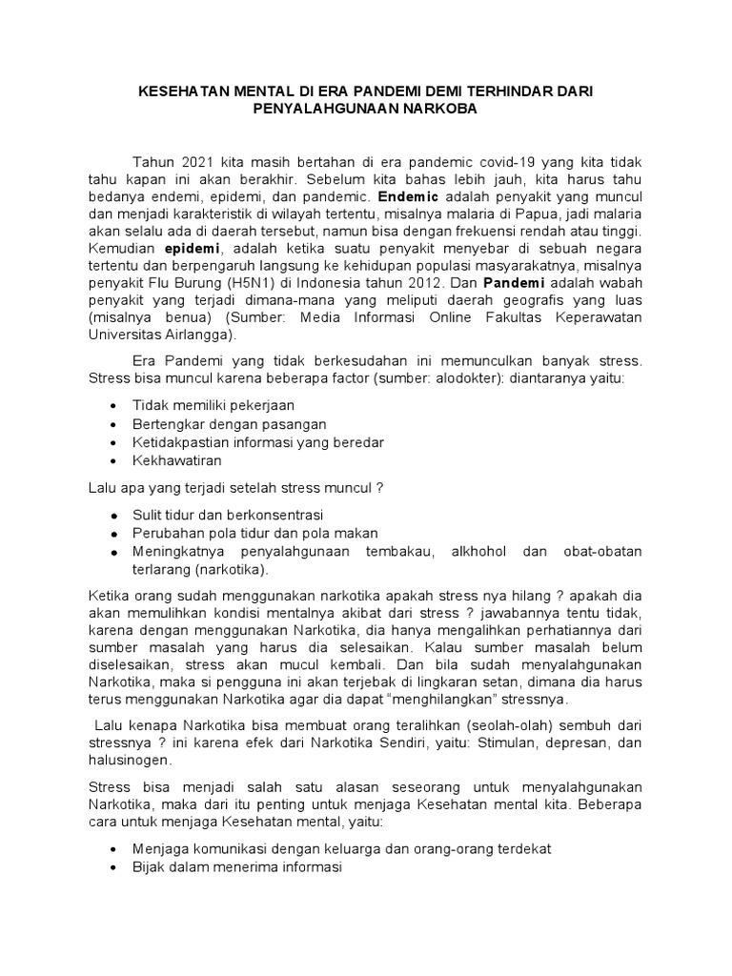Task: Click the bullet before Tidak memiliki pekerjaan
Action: pos(113,406)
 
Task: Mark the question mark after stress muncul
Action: pos(379,489)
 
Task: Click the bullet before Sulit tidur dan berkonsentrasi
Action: pos(113,516)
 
